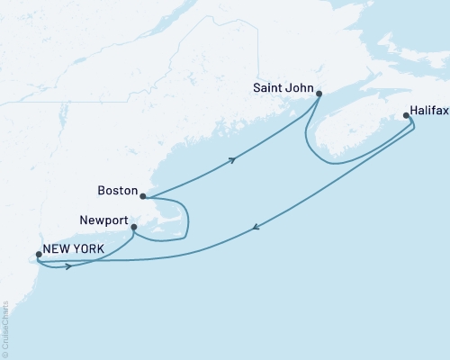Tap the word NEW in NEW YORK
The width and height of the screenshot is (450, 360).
pos(61,248)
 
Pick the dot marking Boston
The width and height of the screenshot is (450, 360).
pos(143,195)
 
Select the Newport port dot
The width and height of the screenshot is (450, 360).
pos(134,227)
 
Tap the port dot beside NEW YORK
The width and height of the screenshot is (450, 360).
pos(38,254)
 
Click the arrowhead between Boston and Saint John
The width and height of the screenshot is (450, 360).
pos(233,160)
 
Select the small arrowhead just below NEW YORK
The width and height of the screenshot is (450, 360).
pos(68,267)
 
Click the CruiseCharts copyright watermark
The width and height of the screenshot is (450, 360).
pos(5,328)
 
